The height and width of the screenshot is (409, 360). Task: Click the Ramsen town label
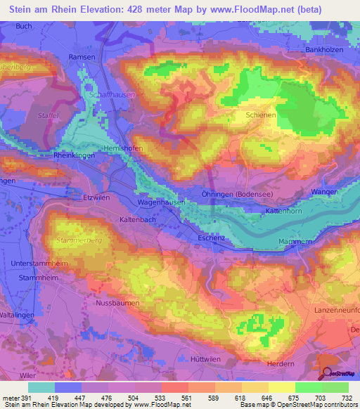tap(82, 57)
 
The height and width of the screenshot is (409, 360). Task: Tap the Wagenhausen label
tap(160, 202)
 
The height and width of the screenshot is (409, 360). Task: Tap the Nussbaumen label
tap(115, 304)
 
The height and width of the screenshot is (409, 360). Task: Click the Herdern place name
tap(281, 363)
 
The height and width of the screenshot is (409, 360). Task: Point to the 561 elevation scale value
tap(186, 397)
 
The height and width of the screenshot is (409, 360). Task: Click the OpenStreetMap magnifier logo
tap(328, 373)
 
